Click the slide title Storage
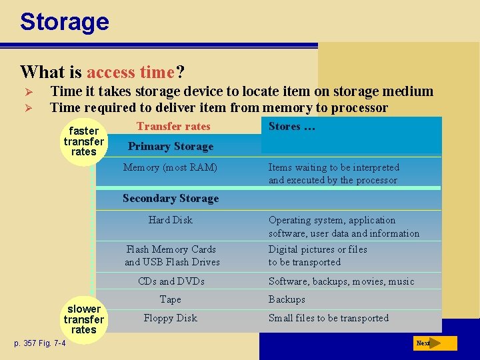[x=64, y=22]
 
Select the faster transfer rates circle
[x=83, y=141]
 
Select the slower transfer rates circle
[x=83, y=319]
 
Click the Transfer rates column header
[x=173, y=127]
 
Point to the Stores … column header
[x=291, y=127]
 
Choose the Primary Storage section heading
[x=171, y=147]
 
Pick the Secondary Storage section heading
[x=171, y=199]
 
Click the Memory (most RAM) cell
[x=170, y=167]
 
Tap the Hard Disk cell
[x=170, y=220]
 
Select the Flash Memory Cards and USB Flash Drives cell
[x=172, y=255]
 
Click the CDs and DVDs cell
[x=171, y=281]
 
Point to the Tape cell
[x=171, y=300]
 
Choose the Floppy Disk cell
[x=171, y=318]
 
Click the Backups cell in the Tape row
[x=287, y=300]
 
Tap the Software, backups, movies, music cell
[x=341, y=281]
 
